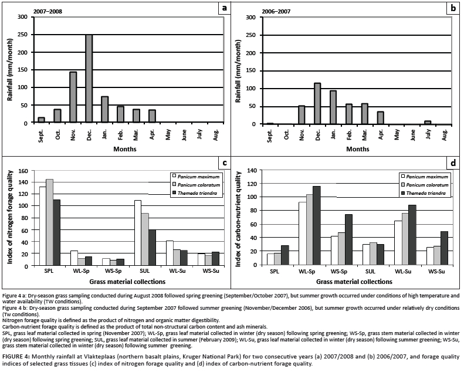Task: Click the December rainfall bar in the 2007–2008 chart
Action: [89, 79]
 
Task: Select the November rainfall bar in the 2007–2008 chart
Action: [73, 97]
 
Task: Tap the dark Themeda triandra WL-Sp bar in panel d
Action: [317, 225]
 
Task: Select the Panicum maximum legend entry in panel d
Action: [426, 176]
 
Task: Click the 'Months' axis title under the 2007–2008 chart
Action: [125, 149]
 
